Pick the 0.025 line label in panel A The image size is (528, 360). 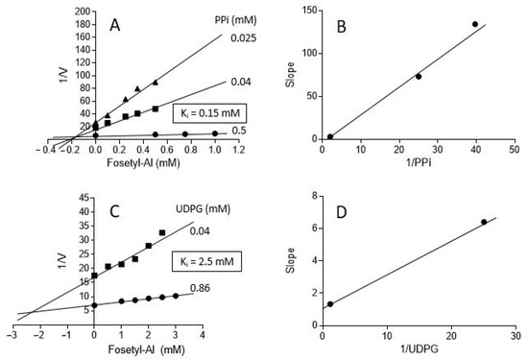pyautogui.click(x=244, y=38)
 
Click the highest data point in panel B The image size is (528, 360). pyautogui.click(x=475, y=24)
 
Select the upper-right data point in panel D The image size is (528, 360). pyautogui.click(x=484, y=222)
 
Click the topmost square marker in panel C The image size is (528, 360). pyautogui.click(x=162, y=232)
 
